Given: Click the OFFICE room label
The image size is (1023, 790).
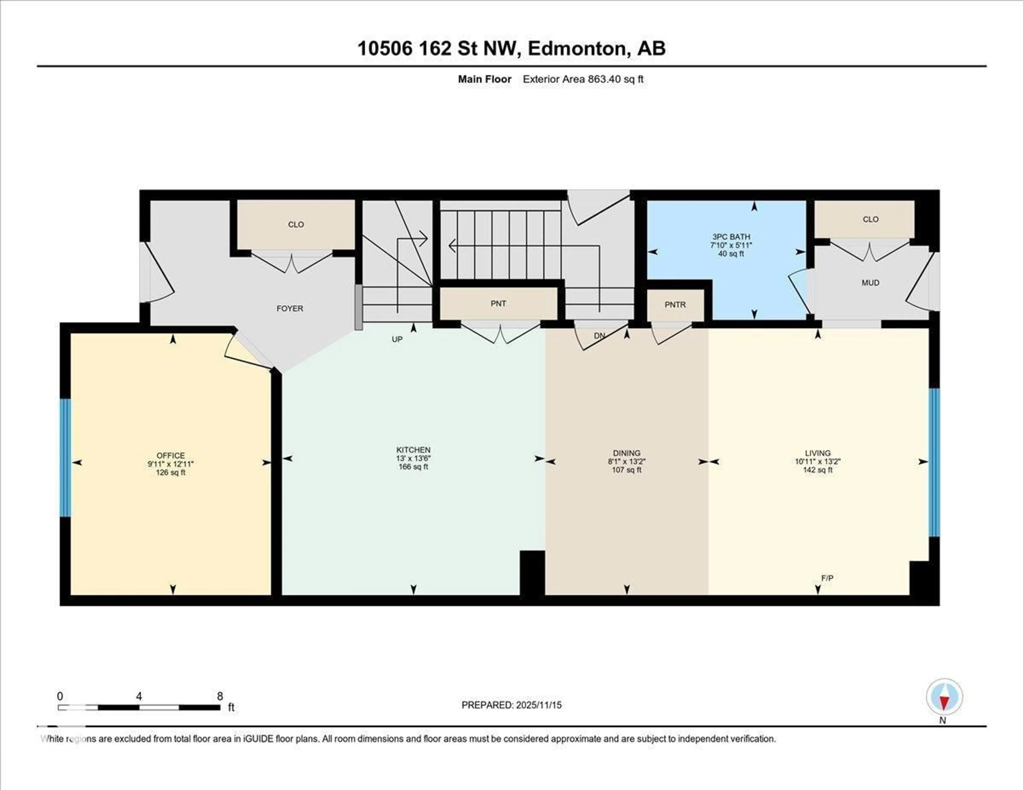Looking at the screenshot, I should coord(170,455).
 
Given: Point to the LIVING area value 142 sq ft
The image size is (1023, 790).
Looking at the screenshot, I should coord(817,470).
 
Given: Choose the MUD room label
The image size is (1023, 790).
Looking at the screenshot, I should coord(870,283).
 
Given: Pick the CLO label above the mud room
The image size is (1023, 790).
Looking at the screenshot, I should coord(870,219).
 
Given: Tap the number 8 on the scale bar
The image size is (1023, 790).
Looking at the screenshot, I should coord(220,696).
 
